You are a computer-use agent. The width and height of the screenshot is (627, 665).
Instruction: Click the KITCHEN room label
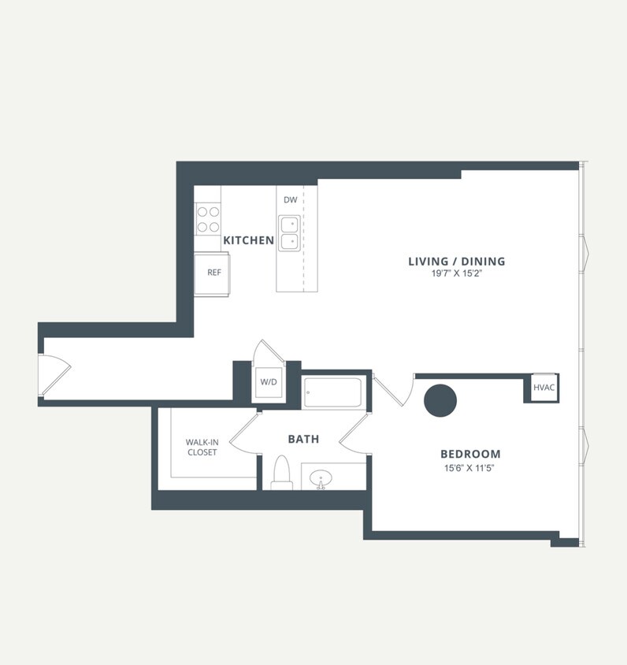pos(248,240)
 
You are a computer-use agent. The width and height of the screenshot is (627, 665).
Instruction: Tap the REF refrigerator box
pos(213,273)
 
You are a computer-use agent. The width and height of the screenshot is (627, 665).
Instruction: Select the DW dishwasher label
pos(291,200)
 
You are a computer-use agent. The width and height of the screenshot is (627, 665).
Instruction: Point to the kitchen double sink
pos(290,232)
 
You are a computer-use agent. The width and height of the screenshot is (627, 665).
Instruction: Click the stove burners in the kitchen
pos(208,219)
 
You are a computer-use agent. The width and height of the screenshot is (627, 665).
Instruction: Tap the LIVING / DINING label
pos(456,262)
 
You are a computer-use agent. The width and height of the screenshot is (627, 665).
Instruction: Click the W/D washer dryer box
pos(269,382)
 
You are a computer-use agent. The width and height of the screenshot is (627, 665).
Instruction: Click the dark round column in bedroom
pos(440,400)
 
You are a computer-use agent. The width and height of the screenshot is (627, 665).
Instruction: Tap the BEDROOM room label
pos(470,455)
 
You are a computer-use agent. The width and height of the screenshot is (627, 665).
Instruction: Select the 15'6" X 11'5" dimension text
pos(470,468)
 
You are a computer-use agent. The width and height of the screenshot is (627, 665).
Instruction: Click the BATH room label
pos(303,439)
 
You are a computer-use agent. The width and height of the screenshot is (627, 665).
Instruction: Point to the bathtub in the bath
pos(332,392)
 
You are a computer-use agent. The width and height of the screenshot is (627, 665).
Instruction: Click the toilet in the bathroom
pos(281,473)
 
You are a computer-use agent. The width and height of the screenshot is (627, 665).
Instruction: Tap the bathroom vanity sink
pos(321,477)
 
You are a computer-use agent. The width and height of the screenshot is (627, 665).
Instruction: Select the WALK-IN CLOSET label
pos(202,448)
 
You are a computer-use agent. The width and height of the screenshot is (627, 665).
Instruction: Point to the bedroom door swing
pos(393,388)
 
